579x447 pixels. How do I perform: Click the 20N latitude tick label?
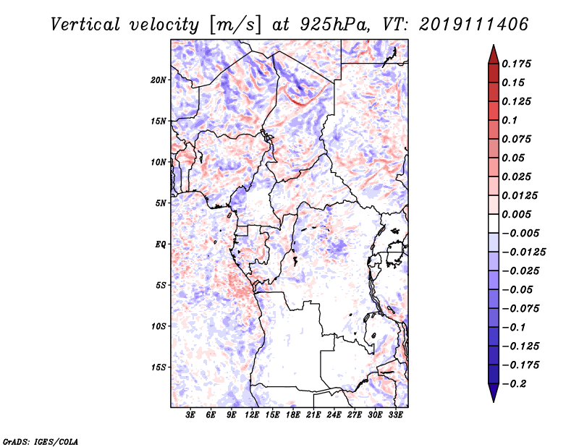click(x=158, y=80)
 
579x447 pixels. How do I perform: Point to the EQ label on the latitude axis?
click(x=161, y=244)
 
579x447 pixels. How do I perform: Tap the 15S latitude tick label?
click(x=158, y=367)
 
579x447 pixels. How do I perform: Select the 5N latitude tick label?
click(x=161, y=203)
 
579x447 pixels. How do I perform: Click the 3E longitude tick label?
click(x=190, y=414)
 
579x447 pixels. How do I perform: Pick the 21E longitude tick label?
click(x=313, y=414)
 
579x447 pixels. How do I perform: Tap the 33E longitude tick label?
click(x=395, y=414)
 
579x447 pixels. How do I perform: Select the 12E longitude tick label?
click(x=252, y=414)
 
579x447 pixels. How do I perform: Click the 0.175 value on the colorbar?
click(x=516, y=64)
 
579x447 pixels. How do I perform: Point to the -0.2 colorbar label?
click(x=514, y=384)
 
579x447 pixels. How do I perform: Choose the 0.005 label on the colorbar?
click(x=516, y=214)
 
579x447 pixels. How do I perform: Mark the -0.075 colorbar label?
click(x=520, y=309)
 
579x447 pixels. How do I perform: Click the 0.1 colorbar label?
click(x=510, y=120)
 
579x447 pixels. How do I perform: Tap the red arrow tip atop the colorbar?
click(x=494, y=46)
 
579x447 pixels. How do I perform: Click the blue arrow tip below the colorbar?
click(x=494, y=401)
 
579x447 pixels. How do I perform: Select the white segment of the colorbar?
click(x=494, y=223)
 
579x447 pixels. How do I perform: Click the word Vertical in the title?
click(x=85, y=25)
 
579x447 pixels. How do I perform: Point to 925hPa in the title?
click(x=334, y=25)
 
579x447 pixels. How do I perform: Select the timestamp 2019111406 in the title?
click(x=474, y=25)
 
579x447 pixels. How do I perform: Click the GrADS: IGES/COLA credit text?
click(x=41, y=441)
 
